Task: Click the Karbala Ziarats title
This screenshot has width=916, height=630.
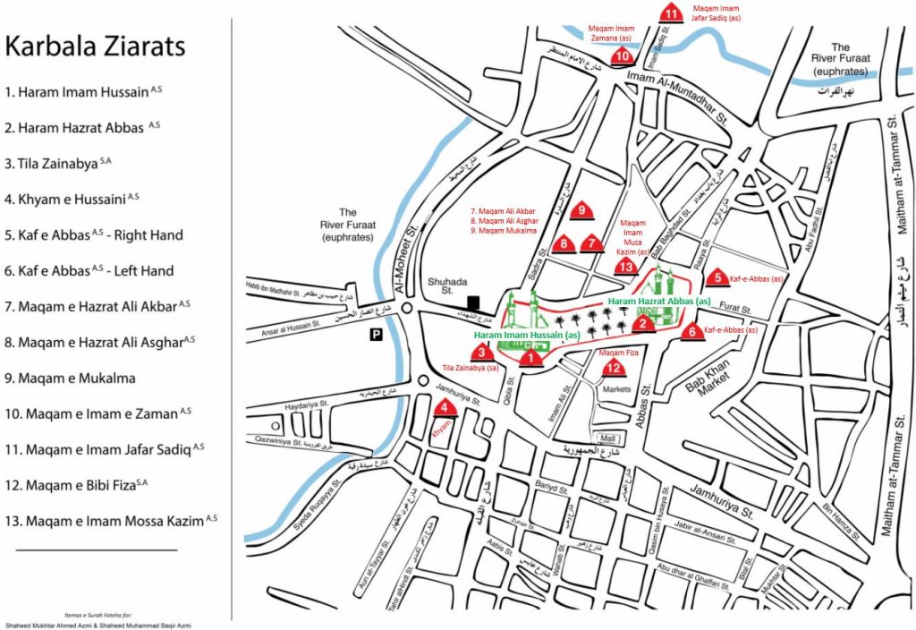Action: click(x=95, y=46)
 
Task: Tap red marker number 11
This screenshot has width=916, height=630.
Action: click(x=671, y=12)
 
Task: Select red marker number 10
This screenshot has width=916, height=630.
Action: click(x=623, y=55)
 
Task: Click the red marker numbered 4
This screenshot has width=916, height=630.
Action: click(x=445, y=408)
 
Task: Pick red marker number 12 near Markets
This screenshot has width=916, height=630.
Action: click(x=613, y=367)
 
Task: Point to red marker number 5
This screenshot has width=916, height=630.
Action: click(x=717, y=277)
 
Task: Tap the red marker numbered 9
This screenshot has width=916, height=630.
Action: click(x=583, y=210)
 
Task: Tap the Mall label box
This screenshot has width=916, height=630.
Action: click(x=610, y=438)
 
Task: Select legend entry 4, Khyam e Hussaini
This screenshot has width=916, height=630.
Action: click(x=72, y=198)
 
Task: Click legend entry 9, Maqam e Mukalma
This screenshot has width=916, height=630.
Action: click(x=72, y=378)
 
